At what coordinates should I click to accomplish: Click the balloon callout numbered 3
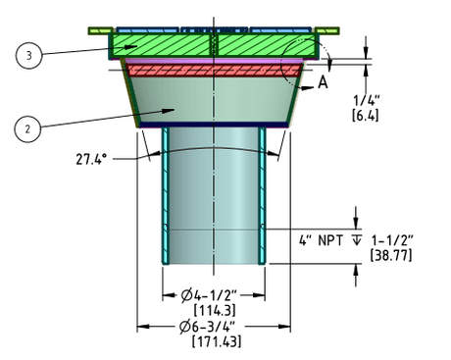[x=28, y=55]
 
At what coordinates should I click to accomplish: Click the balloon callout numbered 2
[x=27, y=129]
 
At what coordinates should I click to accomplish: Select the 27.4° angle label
[x=91, y=159]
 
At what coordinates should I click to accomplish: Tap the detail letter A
[x=323, y=82]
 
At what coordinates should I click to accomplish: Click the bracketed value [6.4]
[x=366, y=116]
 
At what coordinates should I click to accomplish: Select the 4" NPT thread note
[x=321, y=240]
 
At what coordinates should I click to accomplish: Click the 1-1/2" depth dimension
[x=392, y=240]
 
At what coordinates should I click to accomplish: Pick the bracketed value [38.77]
[x=391, y=255]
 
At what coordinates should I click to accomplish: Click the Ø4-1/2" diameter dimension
[x=209, y=295]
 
